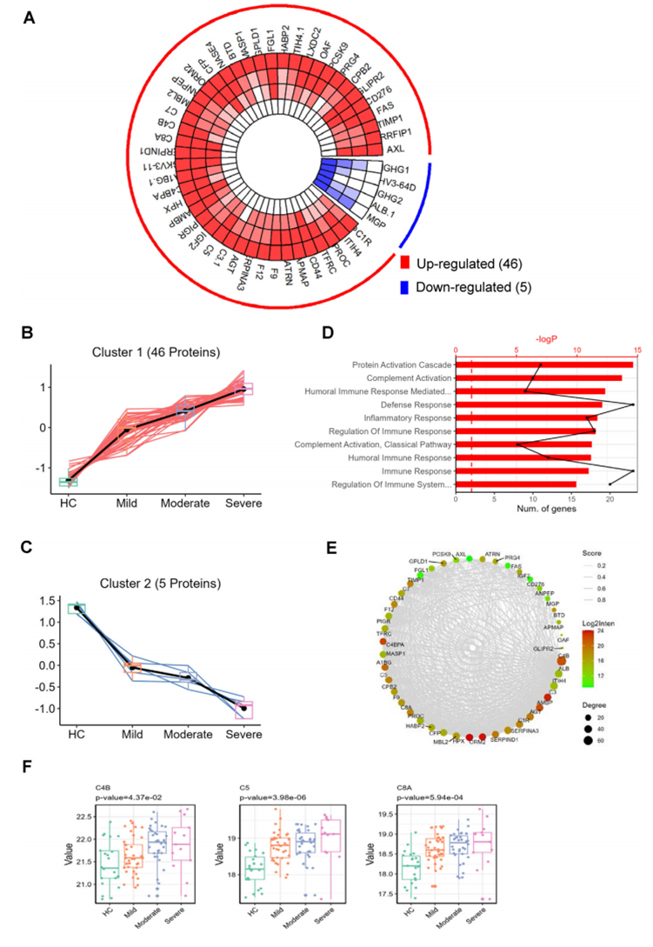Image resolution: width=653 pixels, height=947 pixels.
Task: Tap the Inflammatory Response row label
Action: (x=402, y=417)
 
